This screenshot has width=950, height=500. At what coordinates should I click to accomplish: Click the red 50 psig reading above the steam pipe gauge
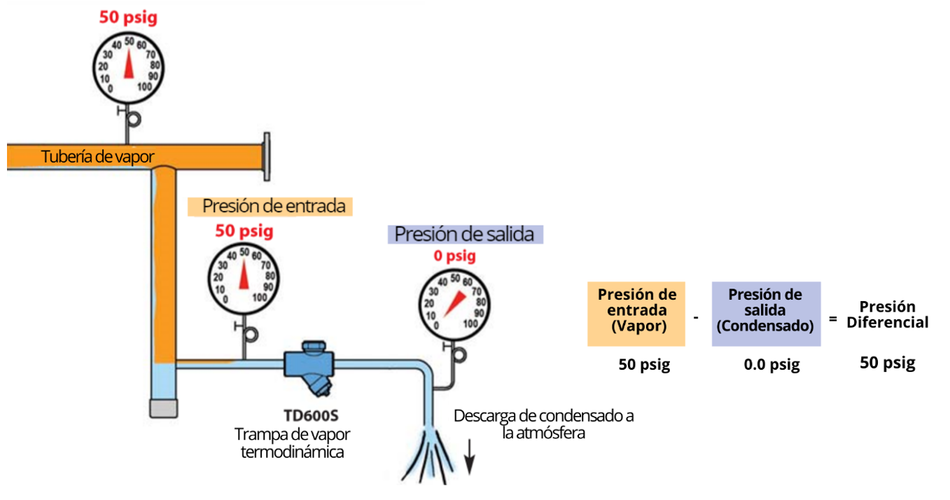click(x=128, y=18)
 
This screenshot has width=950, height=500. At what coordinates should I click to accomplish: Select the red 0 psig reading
click(x=454, y=256)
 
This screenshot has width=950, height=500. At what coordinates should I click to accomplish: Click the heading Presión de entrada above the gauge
click(x=274, y=206)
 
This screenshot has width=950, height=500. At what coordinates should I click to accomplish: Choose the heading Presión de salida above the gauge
click(x=466, y=234)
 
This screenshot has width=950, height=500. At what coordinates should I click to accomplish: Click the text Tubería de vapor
click(x=97, y=156)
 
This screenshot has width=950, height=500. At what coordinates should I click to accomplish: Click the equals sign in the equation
click(x=832, y=319)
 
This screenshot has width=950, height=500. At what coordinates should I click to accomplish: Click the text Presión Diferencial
click(x=887, y=314)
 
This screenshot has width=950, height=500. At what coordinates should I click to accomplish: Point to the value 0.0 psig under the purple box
click(x=771, y=365)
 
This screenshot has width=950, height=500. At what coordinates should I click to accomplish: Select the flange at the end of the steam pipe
click(x=267, y=157)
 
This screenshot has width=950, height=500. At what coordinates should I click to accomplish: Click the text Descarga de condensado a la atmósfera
click(x=543, y=424)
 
